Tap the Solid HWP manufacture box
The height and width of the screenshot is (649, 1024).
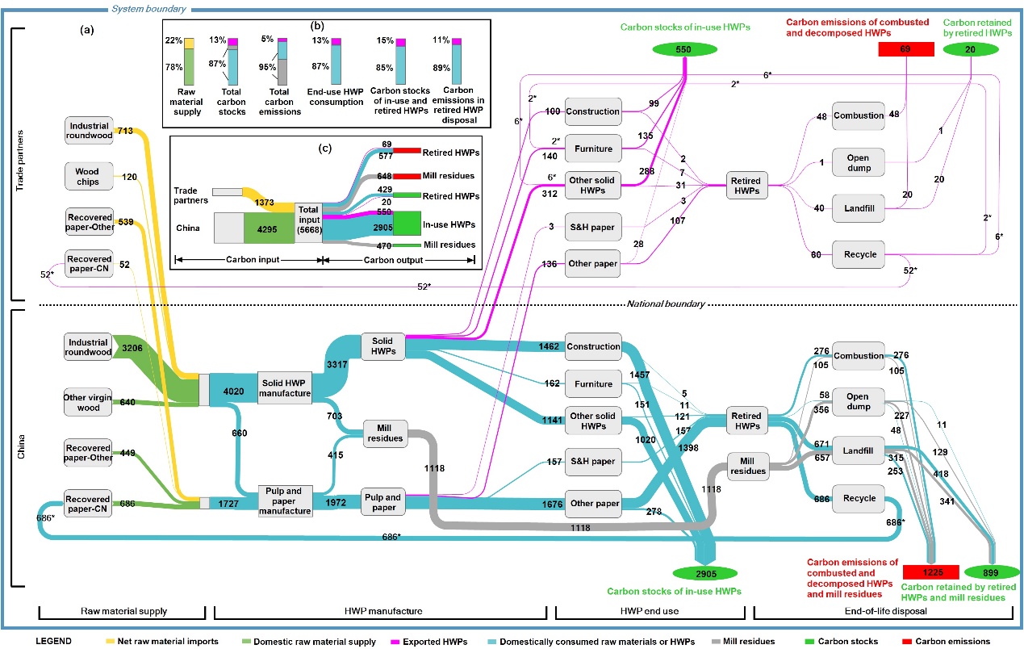285,388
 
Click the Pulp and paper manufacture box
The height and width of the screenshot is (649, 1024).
285,500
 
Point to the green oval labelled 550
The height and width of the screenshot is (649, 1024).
684,49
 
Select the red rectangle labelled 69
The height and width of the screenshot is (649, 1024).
905,50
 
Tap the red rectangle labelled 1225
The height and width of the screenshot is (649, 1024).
931,572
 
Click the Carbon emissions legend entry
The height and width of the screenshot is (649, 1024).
956,642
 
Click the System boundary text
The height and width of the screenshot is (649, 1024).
148,9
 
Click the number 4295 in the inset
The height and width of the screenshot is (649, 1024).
267,228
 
